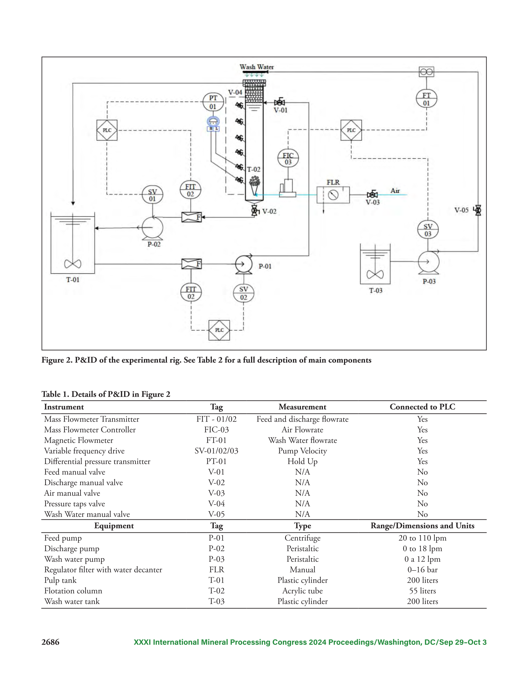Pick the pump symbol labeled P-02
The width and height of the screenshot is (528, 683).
pyautogui.click(x=152, y=228)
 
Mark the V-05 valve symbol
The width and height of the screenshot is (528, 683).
pyautogui.click(x=478, y=210)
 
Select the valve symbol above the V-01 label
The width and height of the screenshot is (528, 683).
pyautogui.click(x=279, y=102)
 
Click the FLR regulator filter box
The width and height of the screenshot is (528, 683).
pyautogui.click(x=333, y=195)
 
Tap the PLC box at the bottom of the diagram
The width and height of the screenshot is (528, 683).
pyautogui.click(x=219, y=330)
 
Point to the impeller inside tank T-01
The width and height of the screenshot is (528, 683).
pyautogui.click(x=73, y=264)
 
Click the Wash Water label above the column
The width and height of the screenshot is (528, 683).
pyautogui.click(x=257, y=67)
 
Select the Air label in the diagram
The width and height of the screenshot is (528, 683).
pyautogui.click(x=395, y=190)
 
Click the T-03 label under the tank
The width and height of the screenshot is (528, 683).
pyautogui.click(x=376, y=290)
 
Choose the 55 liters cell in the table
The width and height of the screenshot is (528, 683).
pyautogui.click(x=422, y=591)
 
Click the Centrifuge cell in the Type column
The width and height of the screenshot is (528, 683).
pyautogui.click(x=302, y=538)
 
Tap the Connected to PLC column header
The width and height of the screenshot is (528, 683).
pyautogui.click(x=422, y=406)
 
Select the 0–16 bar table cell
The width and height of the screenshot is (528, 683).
pyautogui.click(x=422, y=569)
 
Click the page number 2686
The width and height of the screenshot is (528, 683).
pyautogui.click(x=50, y=642)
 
